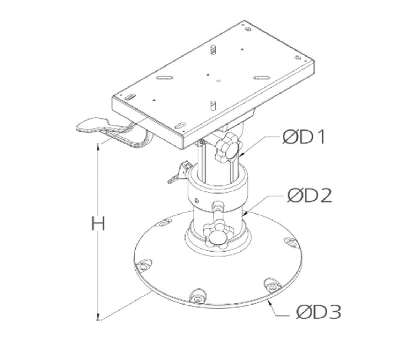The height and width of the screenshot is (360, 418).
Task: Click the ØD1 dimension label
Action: [x=304, y=137]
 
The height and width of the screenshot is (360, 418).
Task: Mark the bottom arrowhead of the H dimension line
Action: [x=99, y=317]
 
